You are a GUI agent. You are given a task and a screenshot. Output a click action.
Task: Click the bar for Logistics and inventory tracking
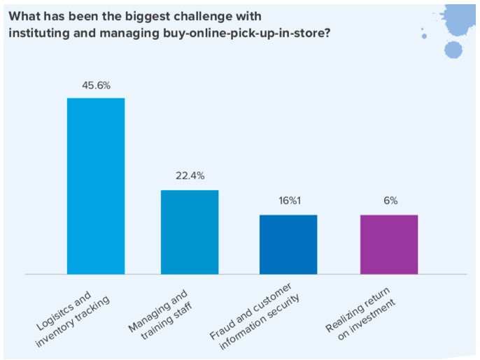(x=96, y=186)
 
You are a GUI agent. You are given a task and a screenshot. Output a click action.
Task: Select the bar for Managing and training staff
(x=190, y=232)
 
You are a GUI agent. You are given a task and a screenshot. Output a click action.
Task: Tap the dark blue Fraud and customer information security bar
(x=288, y=245)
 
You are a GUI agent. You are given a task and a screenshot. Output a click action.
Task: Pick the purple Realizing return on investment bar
(x=389, y=245)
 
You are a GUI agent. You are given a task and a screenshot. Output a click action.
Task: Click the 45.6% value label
(x=96, y=85)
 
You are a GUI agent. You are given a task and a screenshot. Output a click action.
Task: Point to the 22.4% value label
(x=190, y=176)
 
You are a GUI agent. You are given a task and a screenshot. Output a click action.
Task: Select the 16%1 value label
(x=290, y=201)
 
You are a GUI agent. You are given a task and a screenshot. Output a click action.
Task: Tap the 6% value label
(x=390, y=201)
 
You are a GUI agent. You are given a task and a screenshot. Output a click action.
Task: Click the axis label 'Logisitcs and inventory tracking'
(x=73, y=319)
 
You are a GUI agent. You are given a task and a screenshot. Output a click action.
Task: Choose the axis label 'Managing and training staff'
(x=160, y=315)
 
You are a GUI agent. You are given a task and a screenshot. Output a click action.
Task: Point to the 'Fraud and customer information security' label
(x=255, y=317)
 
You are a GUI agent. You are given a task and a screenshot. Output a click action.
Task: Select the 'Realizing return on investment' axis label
(x=360, y=314)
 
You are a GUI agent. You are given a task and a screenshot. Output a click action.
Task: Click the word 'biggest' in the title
(x=148, y=17)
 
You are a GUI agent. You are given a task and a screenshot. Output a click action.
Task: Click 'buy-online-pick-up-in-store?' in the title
(x=247, y=33)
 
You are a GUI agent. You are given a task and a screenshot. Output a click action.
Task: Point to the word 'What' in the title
(x=22, y=16)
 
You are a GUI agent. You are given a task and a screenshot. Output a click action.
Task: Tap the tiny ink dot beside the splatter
(x=424, y=36)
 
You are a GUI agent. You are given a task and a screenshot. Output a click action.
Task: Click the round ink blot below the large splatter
(x=453, y=50)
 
